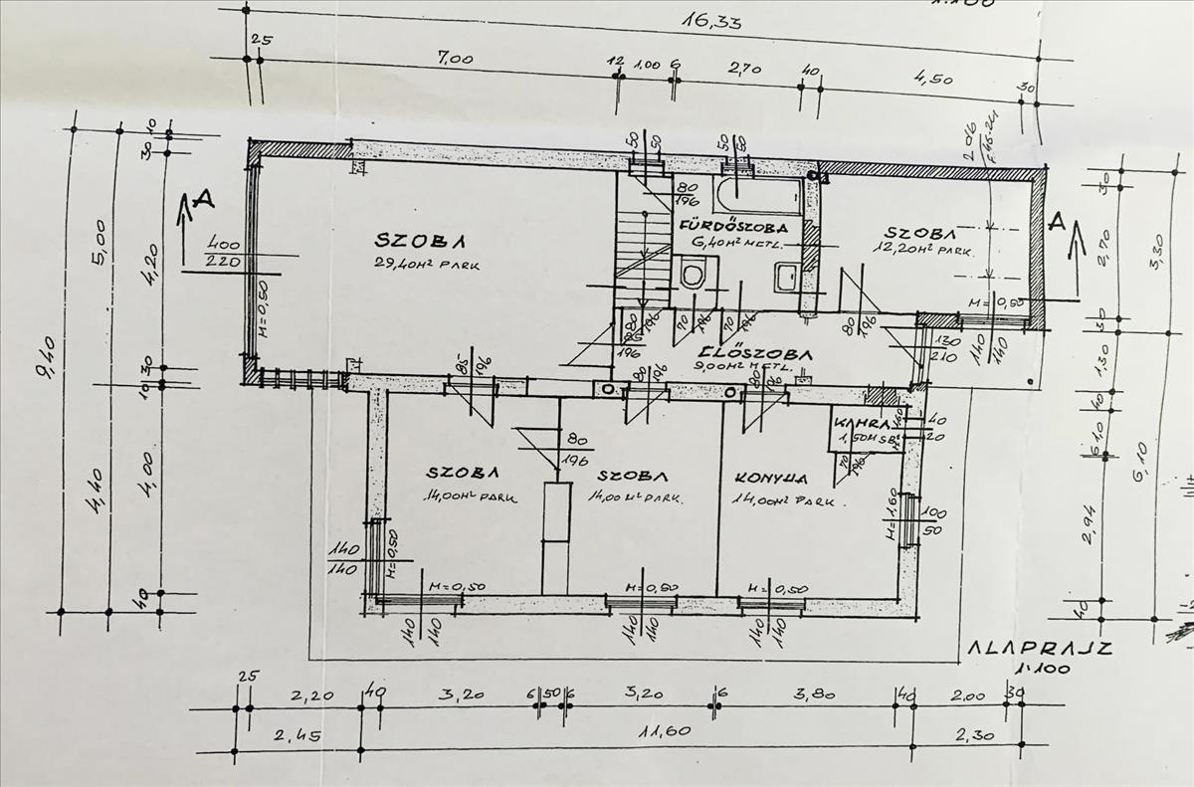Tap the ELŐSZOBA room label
pyautogui.click(x=757, y=352)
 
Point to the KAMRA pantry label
pyautogui.click(x=857, y=421)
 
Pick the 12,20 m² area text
pyautogui.click(x=922, y=249)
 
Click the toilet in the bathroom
pyautogui.click(x=694, y=272)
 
